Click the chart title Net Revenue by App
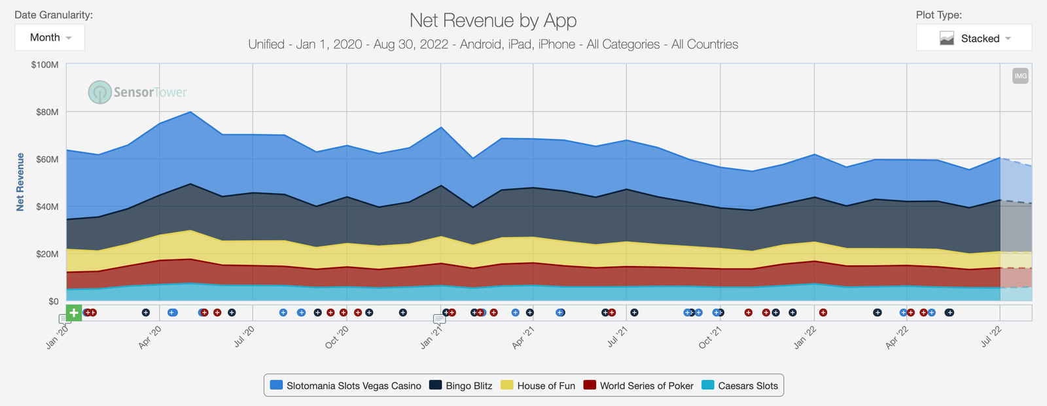pos(493,20)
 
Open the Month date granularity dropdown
pos(50,38)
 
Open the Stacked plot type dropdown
pos(974,39)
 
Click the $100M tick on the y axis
pos(44,65)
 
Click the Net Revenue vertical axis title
pos(20,182)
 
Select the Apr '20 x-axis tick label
pos(150,337)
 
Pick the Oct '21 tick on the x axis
pos(711,337)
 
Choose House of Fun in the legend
pos(538,386)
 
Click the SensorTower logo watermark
pos(137,92)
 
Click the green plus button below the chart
pos(74,313)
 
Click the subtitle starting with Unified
pos(493,44)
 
